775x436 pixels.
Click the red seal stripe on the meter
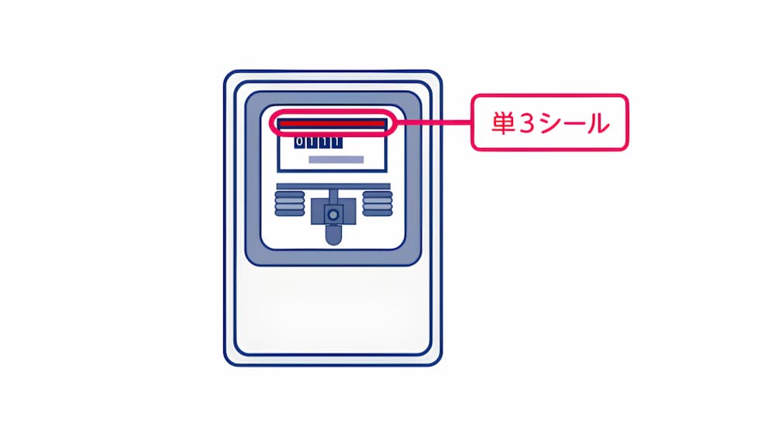pyautogui.click(x=332, y=123)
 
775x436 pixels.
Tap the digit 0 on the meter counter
pyautogui.click(x=299, y=142)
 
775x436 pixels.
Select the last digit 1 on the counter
pyautogui.click(x=336, y=142)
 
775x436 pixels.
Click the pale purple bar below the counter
pyautogui.click(x=336, y=160)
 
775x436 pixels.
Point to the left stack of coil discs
pyautogui.click(x=290, y=204)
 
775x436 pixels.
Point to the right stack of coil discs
pyautogui.click(x=377, y=204)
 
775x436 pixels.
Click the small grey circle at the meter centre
pyautogui.click(x=333, y=215)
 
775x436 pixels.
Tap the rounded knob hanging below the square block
pyautogui.click(x=333, y=235)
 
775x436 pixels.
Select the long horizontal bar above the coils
pyautogui.click(x=333, y=186)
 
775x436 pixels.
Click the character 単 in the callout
pyautogui.click(x=504, y=123)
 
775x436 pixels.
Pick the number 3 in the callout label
pyautogui.click(x=527, y=123)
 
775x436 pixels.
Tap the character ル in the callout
pyautogui.click(x=597, y=123)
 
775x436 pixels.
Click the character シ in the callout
pyautogui.click(x=549, y=123)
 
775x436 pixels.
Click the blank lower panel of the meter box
pyautogui.click(x=333, y=311)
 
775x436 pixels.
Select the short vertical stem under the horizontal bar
pyautogui.click(x=333, y=194)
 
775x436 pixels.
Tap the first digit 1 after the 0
pyautogui.click(x=312, y=142)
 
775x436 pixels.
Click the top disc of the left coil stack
pyautogui.click(x=290, y=194)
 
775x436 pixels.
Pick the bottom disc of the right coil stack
pyautogui.click(x=377, y=213)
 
